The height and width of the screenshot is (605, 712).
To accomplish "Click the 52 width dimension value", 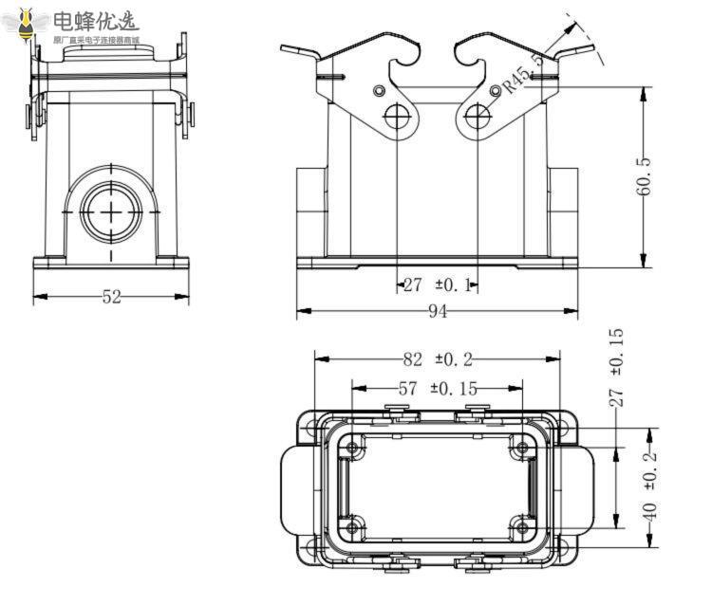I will [x=112, y=297].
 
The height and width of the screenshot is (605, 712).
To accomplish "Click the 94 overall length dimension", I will [x=438, y=312].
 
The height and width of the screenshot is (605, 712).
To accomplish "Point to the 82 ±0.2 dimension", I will [x=438, y=358].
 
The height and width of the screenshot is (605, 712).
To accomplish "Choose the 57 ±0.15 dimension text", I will [x=438, y=388].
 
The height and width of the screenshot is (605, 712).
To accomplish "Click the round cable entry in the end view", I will [x=112, y=207].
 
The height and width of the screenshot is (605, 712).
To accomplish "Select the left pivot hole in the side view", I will [x=398, y=117].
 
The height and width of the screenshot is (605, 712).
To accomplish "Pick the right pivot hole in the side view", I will [x=478, y=117].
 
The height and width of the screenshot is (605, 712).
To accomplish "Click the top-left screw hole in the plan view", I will [x=353, y=448].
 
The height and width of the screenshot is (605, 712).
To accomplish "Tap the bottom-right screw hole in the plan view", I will [x=521, y=528].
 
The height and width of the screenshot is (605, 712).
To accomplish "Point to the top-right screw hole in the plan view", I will [x=521, y=448].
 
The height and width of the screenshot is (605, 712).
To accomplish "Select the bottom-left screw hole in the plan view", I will [x=353, y=528].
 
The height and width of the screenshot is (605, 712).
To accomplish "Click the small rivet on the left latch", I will [x=380, y=91].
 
